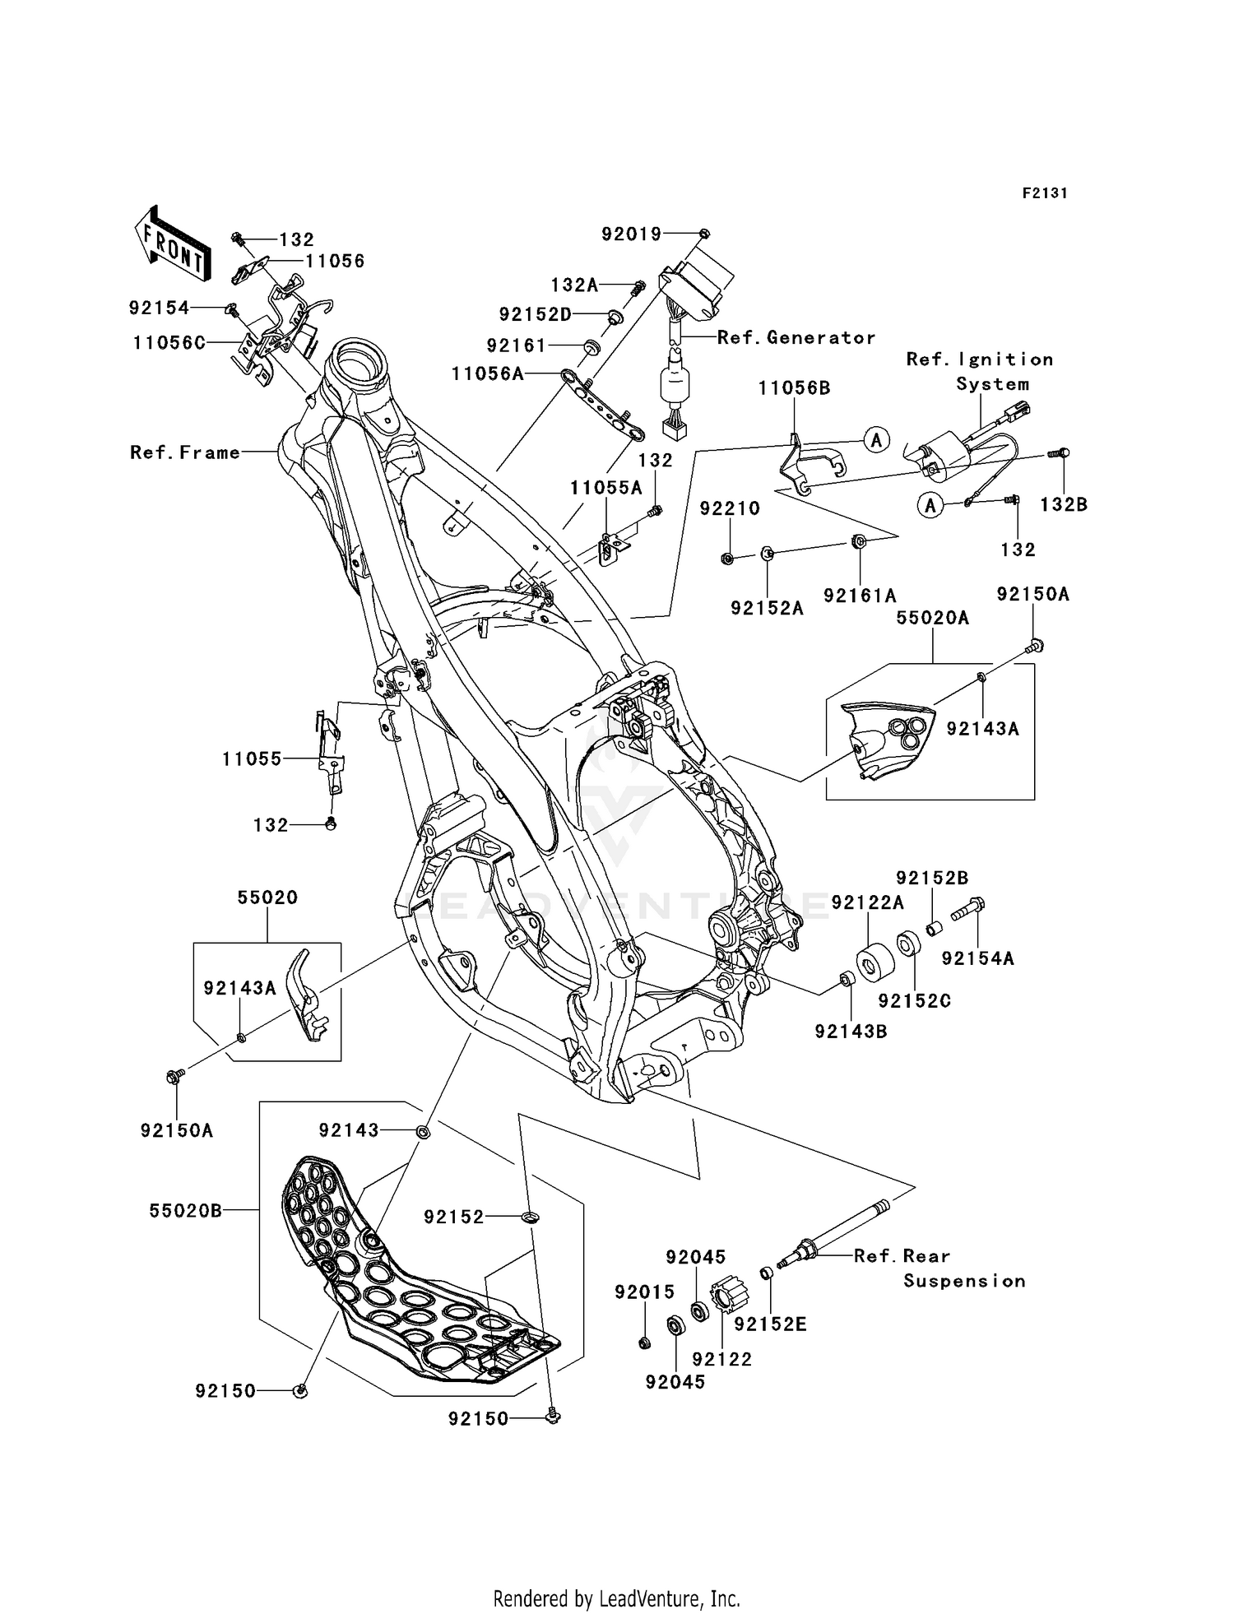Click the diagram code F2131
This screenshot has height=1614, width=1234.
tap(1045, 193)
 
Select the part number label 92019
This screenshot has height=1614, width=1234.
tap(631, 234)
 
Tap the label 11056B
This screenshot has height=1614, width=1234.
tap(794, 388)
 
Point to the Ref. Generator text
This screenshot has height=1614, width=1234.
tap(796, 337)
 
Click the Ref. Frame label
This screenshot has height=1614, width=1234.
tap(185, 452)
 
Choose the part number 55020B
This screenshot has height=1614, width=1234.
tap(186, 1211)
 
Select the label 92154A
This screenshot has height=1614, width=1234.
tap(977, 958)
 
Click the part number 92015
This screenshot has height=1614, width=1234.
tap(644, 1292)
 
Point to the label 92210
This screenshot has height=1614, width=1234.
tap(730, 508)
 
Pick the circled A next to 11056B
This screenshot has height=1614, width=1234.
tap(876, 440)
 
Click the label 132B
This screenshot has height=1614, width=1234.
tap(1063, 505)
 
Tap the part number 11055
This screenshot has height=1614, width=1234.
tap(252, 759)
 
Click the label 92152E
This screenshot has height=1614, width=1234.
tap(770, 1324)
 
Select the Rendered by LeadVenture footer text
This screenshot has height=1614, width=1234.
tap(616, 1599)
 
